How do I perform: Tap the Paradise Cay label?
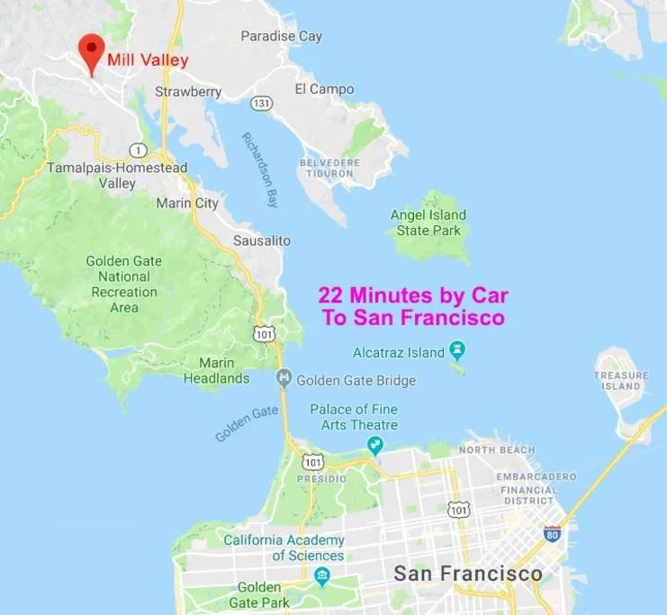281,36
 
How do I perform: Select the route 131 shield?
261,103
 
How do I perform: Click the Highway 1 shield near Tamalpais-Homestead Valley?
138,149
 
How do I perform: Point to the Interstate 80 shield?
553,532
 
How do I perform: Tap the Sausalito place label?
262,241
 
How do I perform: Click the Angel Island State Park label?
428,222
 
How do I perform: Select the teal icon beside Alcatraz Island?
457,349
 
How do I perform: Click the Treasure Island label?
621,380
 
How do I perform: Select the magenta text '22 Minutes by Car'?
413,295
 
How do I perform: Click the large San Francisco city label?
468,574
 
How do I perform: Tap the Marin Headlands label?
216,371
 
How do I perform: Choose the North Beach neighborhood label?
496,449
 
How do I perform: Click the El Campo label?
324,89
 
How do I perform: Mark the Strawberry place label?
188,92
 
